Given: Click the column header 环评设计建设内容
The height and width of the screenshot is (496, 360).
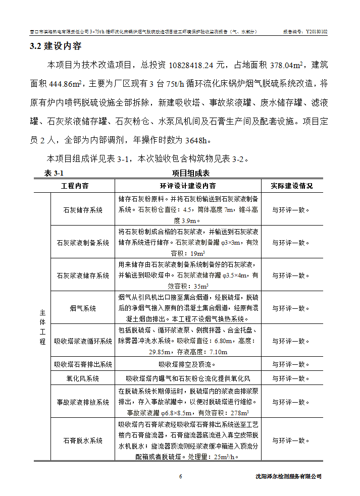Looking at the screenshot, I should pos(188,186).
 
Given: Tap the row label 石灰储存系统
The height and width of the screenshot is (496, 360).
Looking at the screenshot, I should pos(82,209).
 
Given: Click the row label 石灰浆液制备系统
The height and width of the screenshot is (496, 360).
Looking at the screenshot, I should pos(82,243).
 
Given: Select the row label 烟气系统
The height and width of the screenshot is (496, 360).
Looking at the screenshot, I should pos(82,308).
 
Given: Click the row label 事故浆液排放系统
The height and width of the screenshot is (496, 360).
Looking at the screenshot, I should pos(82,402).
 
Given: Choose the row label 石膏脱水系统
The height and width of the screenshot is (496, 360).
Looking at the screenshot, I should pos(82,440).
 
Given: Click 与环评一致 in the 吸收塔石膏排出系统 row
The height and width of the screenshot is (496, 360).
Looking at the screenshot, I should pos(288,364).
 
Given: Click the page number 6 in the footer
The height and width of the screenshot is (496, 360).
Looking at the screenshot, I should pos(180,476).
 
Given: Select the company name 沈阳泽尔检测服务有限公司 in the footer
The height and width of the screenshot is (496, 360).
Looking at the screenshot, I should pos(288,476).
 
